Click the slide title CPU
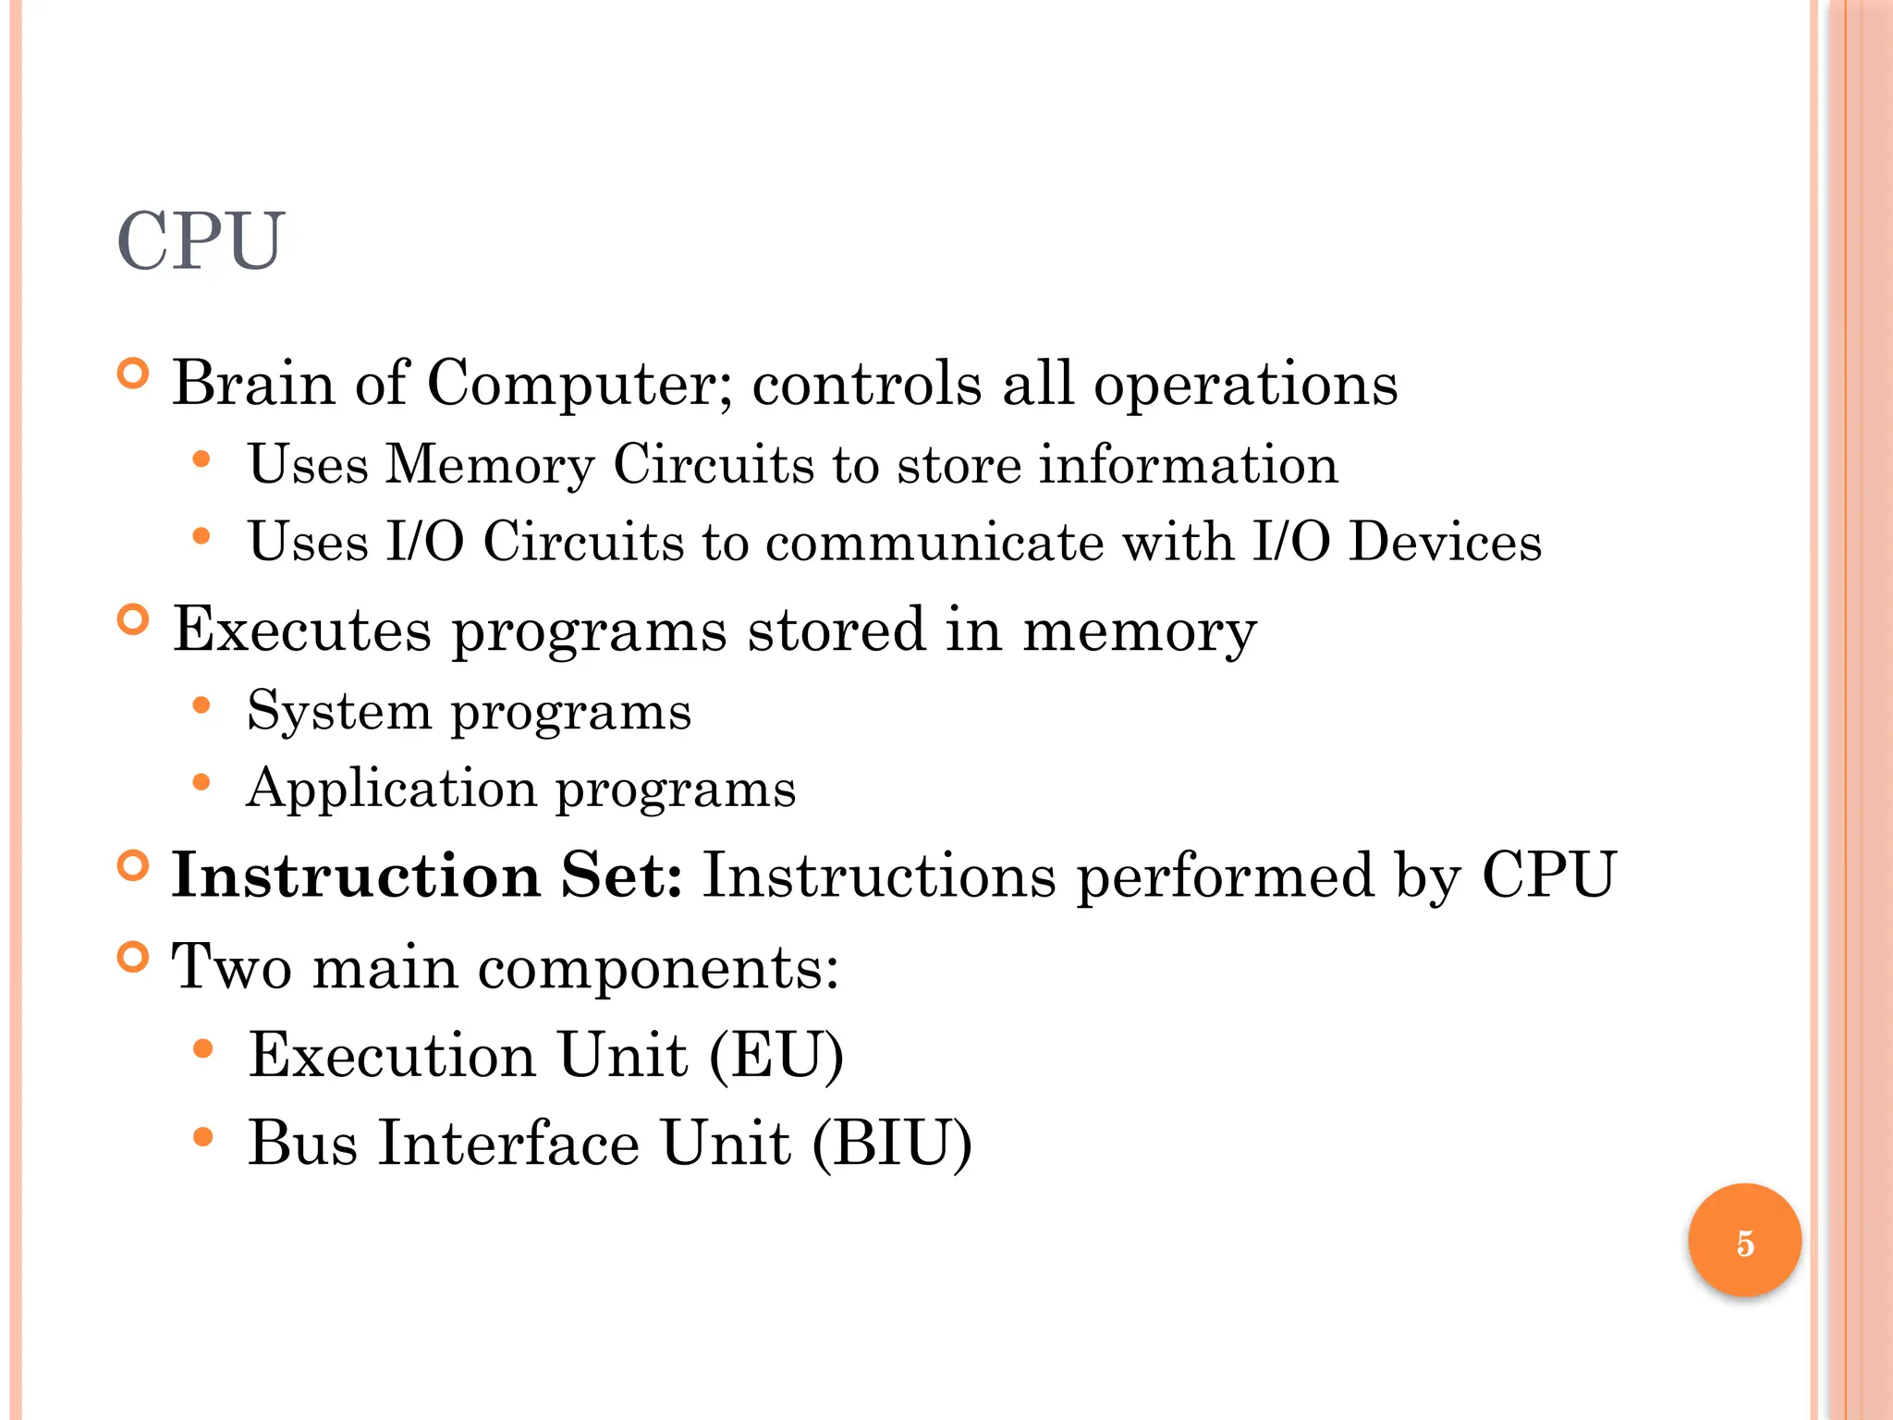(201, 241)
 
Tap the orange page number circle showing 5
(1744, 1242)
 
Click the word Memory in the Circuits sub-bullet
(490, 465)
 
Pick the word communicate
(934, 542)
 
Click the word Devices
(1445, 542)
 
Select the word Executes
(302, 630)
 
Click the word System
(339, 712)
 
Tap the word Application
(391, 790)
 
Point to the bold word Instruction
(356, 875)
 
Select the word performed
(1226, 876)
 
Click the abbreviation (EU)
(776, 1055)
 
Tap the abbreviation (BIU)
(892, 1144)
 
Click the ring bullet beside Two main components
(134, 957)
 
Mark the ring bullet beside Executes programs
(134, 619)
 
